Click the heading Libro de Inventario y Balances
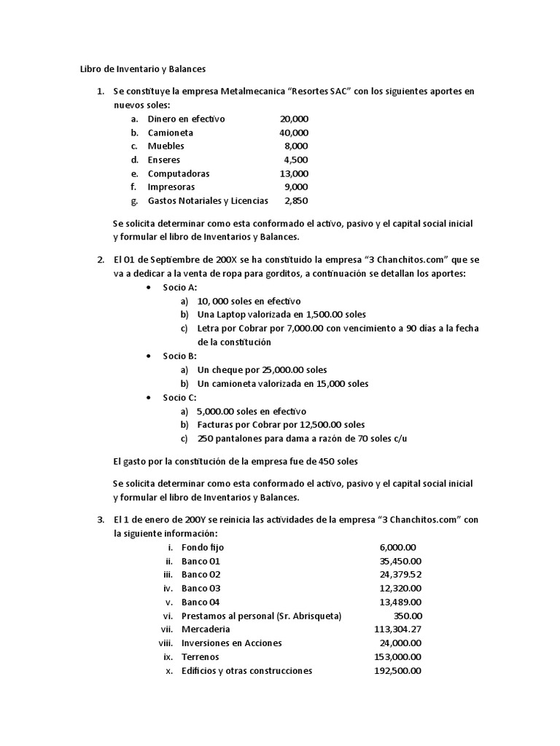point(143,69)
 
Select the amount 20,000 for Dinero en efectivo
point(294,119)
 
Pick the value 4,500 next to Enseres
point(296,160)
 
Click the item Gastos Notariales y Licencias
point(208,200)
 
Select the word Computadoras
point(179,173)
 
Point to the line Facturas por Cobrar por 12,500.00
point(281,425)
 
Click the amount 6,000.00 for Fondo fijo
point(397,547)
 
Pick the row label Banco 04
point(201,602)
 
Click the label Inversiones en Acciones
point(232,643)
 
